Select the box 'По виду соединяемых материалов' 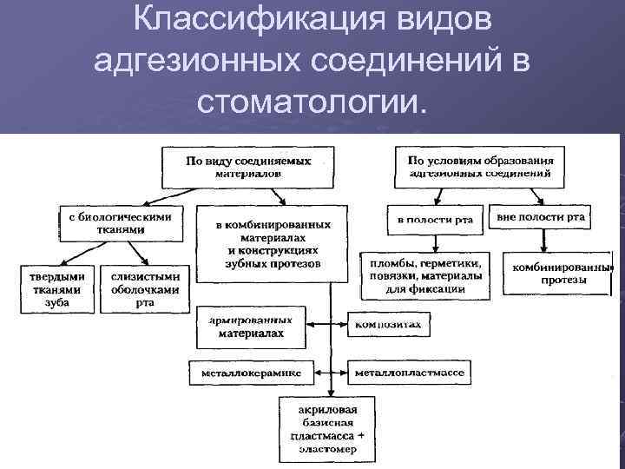click(x=248, y=166)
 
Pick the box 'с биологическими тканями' click(x=120, y=223)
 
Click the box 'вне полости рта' click(x=541, y=217)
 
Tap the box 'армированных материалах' click(x=250, y=326)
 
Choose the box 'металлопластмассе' click(x=410, y=373)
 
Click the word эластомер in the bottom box click(x=329, y=451)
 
